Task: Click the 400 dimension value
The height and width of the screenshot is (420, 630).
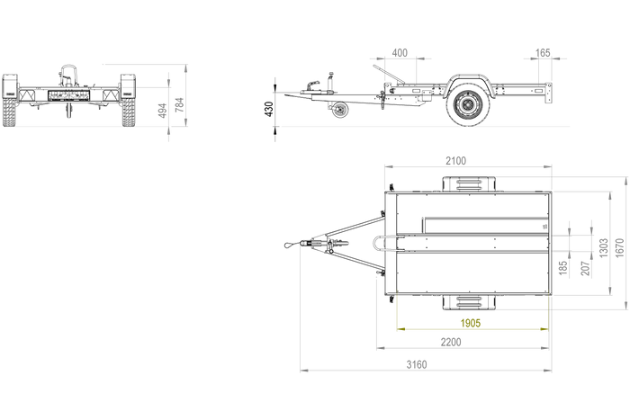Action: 400,53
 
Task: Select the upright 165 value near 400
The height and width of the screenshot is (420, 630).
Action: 544,53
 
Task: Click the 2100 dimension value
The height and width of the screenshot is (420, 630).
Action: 455,161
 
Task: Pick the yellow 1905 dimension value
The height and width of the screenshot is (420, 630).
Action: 471,321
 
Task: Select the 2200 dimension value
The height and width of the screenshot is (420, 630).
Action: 452,341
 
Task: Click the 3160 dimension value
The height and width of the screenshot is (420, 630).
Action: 415,363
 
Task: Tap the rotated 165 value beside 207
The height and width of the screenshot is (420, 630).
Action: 562,267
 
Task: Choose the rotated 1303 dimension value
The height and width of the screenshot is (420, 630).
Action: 602,245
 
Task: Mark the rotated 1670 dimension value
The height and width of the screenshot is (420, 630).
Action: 618,245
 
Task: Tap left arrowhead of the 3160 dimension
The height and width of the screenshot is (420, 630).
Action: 300,370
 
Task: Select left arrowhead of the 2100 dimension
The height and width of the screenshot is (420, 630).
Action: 387,166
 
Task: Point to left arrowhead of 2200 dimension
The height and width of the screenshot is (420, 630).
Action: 377,348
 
